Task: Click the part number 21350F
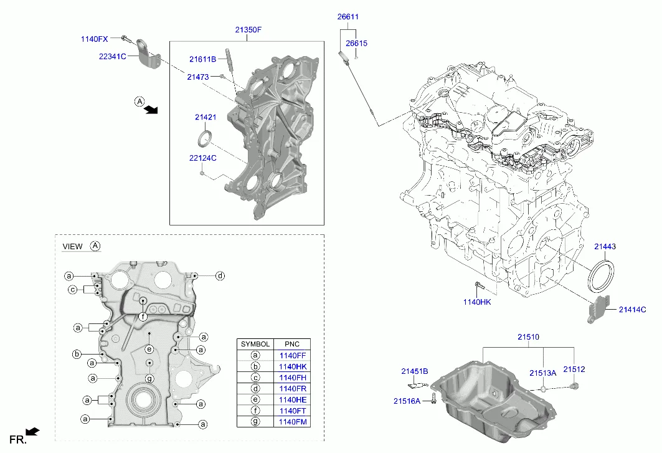tap(248, 29)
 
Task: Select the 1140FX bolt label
tap(95, 39)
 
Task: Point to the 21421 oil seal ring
tap(205, 139)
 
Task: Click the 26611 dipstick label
tap(348, 17)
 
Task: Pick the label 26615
tap(356, 43)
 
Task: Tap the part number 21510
tap(528, 337)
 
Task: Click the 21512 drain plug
tap(574, 386)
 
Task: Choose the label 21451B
tap(414, 371)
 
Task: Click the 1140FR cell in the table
tap(293, 389)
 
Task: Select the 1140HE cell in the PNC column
tap(293, 400)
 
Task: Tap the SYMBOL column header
tap(255, 344)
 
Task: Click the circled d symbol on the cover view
tap(220, 276)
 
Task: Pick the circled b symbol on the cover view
tap(77, 354)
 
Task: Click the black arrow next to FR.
tap(32, 431)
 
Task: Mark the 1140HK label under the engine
tap(477, 302)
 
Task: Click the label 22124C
tap(202, 158)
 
